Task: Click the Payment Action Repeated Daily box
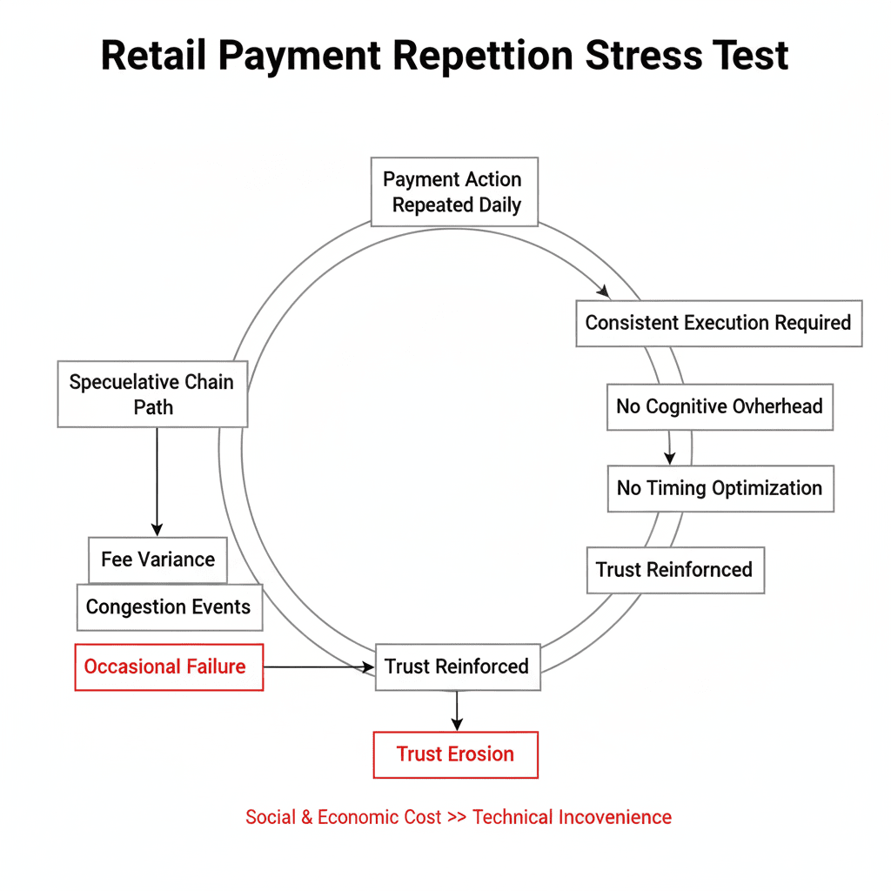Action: pos(453,192)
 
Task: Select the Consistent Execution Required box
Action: pos(719,323)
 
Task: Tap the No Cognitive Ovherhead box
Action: pos(719,406)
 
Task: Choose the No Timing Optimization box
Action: pos(720,488)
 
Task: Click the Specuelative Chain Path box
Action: pos(152,394)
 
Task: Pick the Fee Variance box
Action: pos(157,559)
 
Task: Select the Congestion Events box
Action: pos(169,607)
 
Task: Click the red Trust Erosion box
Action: pos(455,754)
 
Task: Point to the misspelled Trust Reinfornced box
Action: pos(675,570)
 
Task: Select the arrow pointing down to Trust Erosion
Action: pos(456,711)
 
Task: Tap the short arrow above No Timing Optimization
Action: pos(669,447)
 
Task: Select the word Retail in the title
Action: pos(153,56)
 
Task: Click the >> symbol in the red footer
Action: pos(457,817)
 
